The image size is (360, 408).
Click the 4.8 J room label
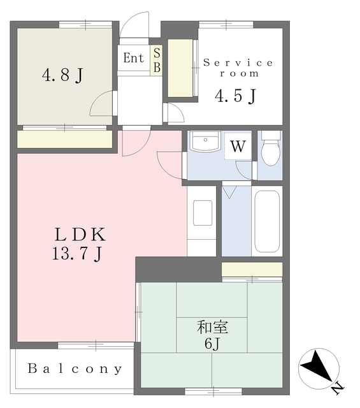point(62,75)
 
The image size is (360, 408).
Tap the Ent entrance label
point(133,58)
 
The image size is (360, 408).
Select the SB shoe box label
point(157,60)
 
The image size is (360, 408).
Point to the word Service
point(238,62)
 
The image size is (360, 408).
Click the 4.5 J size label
point(236,96)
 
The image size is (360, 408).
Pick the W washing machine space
point(238,146)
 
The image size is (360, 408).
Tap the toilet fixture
point(271,149)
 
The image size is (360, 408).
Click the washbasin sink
point(205,142)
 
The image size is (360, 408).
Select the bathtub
point(267,221)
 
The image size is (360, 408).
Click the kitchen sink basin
point(203,213)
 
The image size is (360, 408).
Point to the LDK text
point(80,234)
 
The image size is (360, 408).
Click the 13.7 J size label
point(77,253)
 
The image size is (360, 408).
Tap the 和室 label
point(213,327)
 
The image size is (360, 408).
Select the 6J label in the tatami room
point(213,344)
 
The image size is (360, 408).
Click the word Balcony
point(75,368)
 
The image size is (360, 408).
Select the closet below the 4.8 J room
point(64,139)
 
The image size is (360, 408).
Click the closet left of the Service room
point(180,68)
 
